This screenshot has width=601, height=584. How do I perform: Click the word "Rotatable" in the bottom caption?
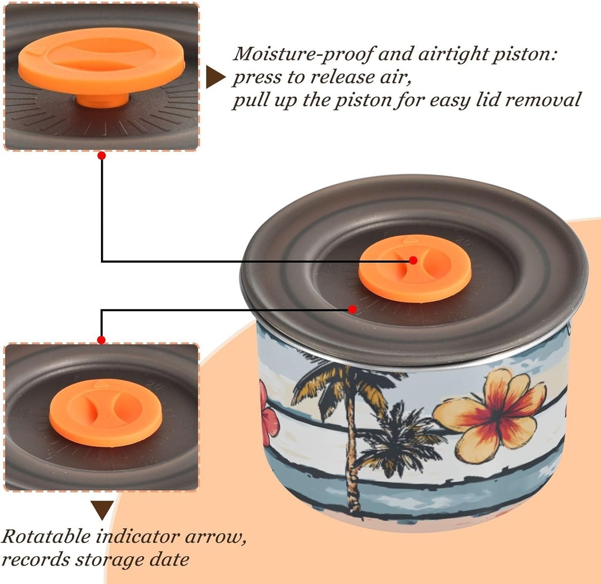tap(48, 536)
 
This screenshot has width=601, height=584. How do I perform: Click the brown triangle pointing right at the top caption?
tap(215, 77)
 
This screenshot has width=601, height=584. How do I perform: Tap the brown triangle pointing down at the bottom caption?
tap(102, 509)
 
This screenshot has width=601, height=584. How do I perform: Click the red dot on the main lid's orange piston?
tap(413, 260)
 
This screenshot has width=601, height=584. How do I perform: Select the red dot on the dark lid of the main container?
tap(352, 309)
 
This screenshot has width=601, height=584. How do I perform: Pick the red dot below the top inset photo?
tap(102, 156)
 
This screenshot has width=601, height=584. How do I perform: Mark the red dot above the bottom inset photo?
tap(102, 340)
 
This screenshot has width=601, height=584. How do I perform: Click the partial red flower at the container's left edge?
tap(268, 414)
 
